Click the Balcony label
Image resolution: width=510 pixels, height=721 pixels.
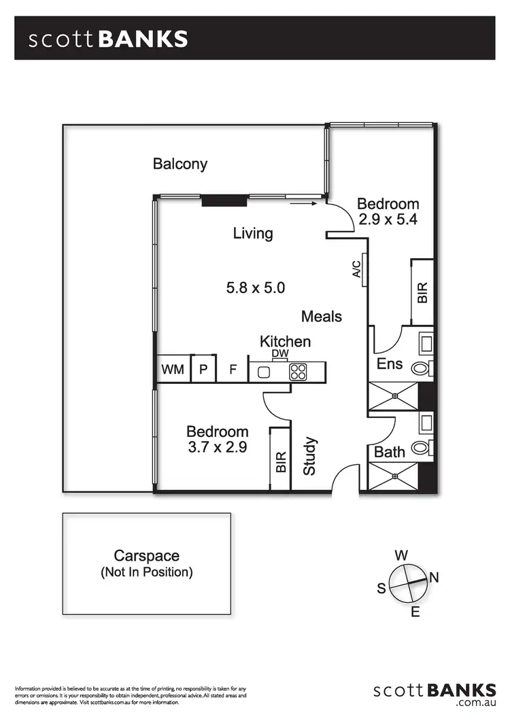[180, 164]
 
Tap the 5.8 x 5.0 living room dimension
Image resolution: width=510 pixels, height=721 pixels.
[255, 287]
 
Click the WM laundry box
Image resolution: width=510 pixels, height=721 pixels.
[173, 370]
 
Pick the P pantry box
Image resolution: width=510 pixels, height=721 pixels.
[203, 370]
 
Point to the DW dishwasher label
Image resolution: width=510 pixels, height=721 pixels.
[279, 354]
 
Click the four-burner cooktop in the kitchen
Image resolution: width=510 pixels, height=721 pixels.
[298, 372]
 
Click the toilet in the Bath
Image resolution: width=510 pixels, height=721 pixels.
[422, 448]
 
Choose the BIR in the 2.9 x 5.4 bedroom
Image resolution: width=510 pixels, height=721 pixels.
[422, 292]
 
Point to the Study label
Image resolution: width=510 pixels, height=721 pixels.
[310, 456]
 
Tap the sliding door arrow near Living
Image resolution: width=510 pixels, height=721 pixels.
[303, 203]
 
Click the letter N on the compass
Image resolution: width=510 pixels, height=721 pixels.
[434, 578]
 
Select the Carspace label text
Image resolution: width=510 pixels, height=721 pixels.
[146, 556]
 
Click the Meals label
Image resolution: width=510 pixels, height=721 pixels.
[322, 316]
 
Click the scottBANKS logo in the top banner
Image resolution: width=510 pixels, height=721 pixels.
[108, 39]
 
